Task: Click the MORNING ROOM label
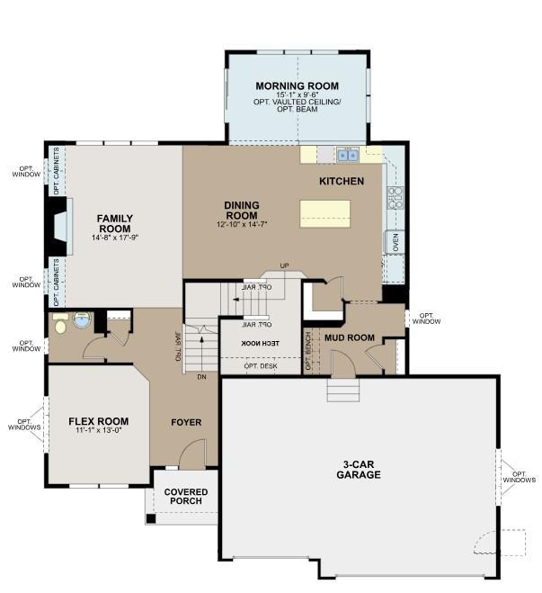tap(298, 85)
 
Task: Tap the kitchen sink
tap(348, 155)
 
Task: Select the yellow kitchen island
tap(324, 214)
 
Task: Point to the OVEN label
tap(395, 242)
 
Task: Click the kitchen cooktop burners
tap(395, 197)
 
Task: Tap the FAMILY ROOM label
tap(115, 223)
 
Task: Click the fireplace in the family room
tap(59, 227)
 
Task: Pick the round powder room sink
tap(82, 320)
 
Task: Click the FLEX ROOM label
tap(99, 421)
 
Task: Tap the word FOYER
tap(186, 422)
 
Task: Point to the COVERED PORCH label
tap(186, 496)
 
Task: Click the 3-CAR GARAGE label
tap(359, 470)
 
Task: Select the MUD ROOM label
tap(350, 337)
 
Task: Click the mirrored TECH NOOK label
tap(261, 344)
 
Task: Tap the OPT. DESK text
tap(261, 366)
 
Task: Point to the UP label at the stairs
tap(284, 265)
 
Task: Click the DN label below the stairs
tap(201, 377)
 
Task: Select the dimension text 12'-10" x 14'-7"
tap(242, 224)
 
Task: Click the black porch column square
tap(151, 519)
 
